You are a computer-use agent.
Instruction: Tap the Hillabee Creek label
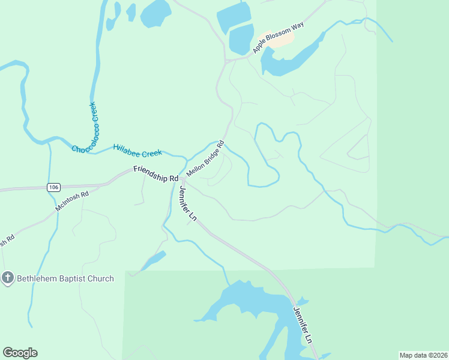click(x=137, y=150)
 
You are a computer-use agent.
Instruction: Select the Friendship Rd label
click(x=156, y=174)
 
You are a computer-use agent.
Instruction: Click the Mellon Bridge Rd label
click(x=205, y=158)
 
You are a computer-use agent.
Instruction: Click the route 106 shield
click(x=53, y=188)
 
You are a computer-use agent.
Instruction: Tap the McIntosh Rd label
click(x=71, y=201)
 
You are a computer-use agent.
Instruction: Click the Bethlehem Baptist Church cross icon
click(x=8, y=278)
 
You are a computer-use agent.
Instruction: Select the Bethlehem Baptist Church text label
click(x=65, y=278)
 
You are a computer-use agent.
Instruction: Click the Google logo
click(x=20, y=353)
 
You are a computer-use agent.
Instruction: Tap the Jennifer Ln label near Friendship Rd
click(x=188, y=203)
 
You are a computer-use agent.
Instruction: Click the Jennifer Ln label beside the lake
click(x=303, y=325)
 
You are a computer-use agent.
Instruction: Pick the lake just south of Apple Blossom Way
click(x=288, y=60)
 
